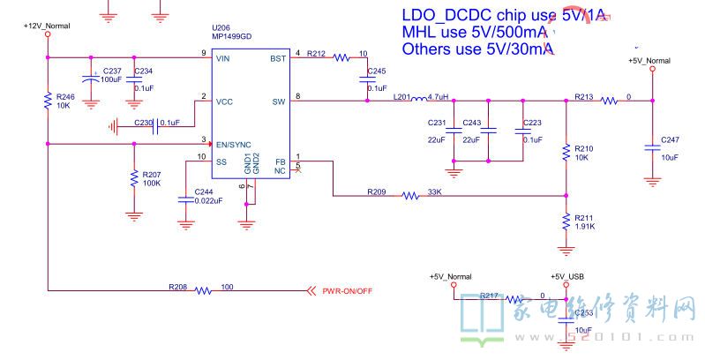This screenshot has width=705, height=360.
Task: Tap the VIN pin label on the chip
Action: click(224, 59)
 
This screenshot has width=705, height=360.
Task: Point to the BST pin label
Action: click(277, 59)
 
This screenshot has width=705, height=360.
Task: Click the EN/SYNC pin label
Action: click(234, 144)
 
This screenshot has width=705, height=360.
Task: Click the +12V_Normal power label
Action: click(46, 26)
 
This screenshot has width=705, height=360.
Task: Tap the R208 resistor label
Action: click(177, 286)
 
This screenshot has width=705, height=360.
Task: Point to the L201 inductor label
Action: click(402, 96)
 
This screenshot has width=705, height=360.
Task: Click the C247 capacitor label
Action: click(671, 140)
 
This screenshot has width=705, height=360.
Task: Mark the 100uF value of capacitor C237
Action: click(111, 79)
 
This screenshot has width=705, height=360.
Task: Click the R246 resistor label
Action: click(64, 96)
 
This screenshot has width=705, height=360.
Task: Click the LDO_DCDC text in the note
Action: click(446, 15)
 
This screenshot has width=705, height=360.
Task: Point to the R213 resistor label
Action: click(583, 96)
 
